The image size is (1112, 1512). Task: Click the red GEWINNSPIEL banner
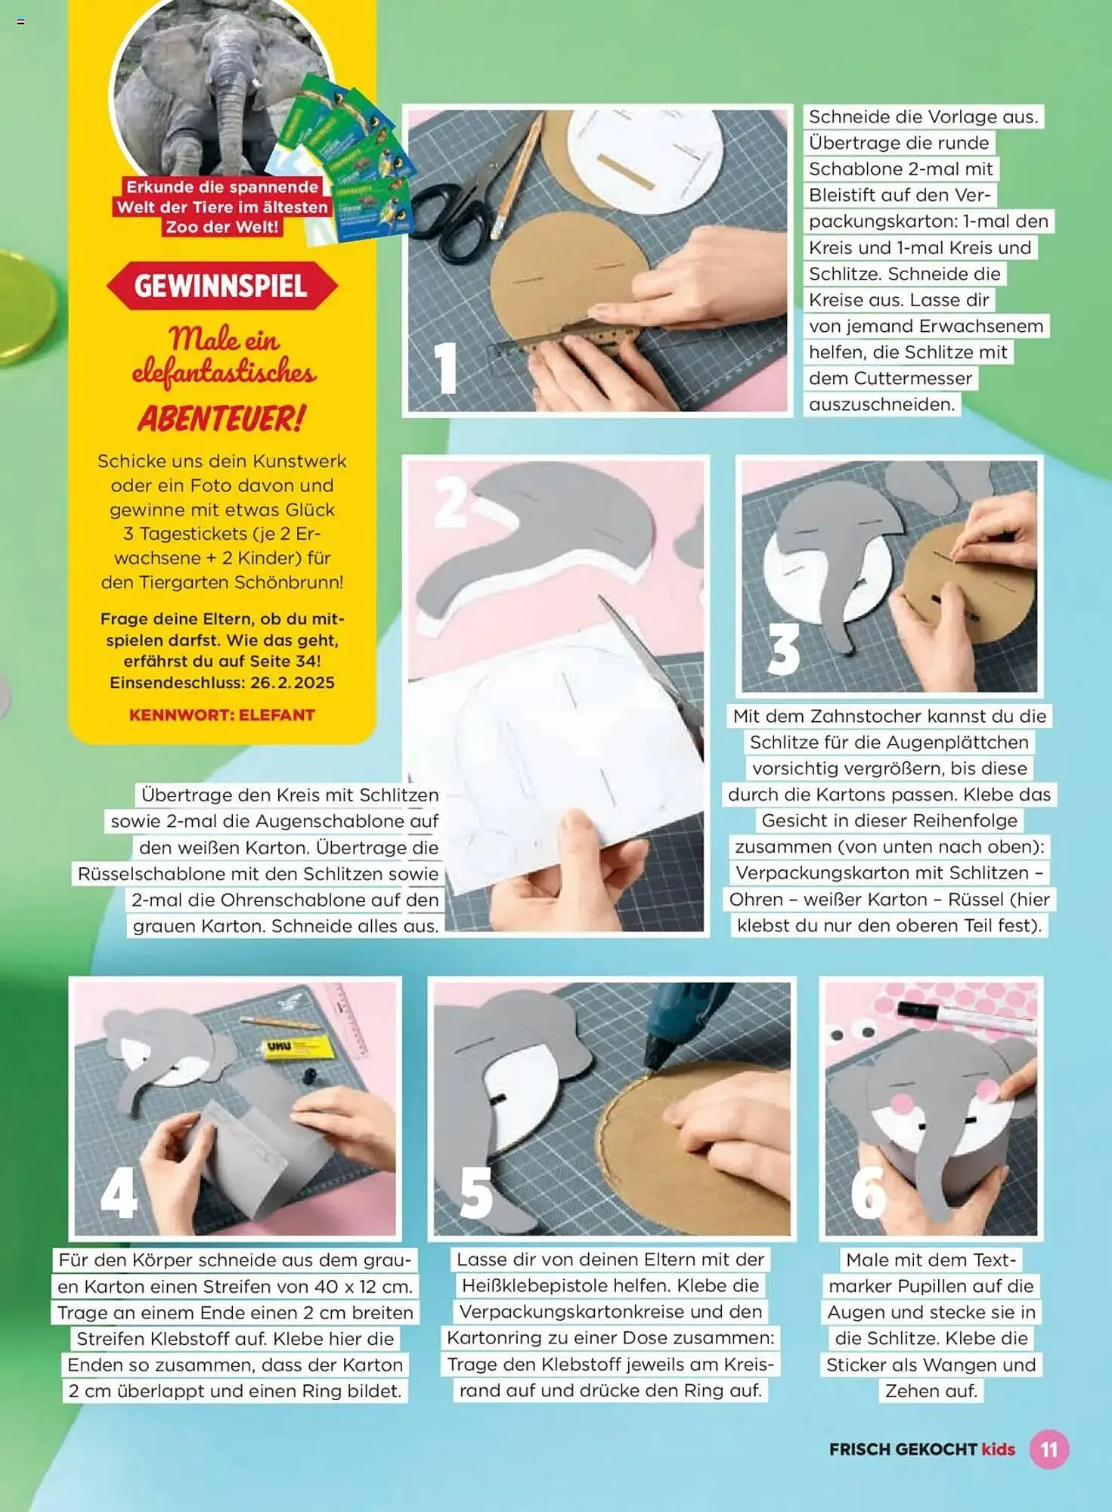coord(221,286)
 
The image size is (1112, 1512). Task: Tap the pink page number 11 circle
coord(1049,1448)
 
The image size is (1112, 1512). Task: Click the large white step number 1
coord(445,367)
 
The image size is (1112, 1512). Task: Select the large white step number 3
coord(783,649)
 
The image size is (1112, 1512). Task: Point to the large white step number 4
coord(119,1192)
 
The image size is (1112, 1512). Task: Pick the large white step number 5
coord(476,1192)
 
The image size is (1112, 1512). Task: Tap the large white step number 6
coord(868,1192)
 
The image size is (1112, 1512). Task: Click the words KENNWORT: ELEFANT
coord(221,714)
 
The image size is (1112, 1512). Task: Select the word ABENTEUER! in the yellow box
coord(221,418)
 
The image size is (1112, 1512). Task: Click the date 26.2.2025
coord(293,682)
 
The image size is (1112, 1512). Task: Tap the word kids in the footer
coord(998,1449)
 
